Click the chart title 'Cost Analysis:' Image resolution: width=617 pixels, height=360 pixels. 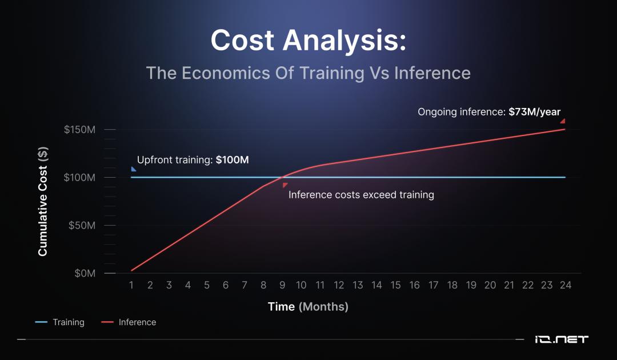308,41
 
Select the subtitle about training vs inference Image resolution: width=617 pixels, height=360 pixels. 308,73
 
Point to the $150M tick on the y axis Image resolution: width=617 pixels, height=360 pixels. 79,130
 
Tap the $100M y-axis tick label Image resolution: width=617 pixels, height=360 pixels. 79,178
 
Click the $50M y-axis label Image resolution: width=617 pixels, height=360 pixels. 82,226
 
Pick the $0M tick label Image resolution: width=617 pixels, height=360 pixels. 85,274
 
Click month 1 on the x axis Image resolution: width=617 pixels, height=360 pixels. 131,285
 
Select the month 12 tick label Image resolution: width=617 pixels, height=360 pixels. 339,285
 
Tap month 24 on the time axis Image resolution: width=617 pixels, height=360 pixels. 566,285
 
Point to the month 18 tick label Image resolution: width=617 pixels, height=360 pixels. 452,285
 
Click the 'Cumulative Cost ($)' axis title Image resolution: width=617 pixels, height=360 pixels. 43,202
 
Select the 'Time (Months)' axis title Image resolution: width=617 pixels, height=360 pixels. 308,306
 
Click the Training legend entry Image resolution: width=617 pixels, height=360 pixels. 60,322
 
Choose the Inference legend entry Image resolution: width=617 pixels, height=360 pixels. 129,322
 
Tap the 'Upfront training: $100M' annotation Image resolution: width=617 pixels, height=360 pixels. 193,160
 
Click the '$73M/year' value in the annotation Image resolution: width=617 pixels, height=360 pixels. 534,112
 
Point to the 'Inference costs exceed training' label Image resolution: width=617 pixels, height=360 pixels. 361,195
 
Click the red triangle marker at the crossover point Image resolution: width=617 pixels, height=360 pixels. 285,185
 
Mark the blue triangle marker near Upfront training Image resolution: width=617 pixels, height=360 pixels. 133,169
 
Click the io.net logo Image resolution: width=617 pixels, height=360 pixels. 562,339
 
